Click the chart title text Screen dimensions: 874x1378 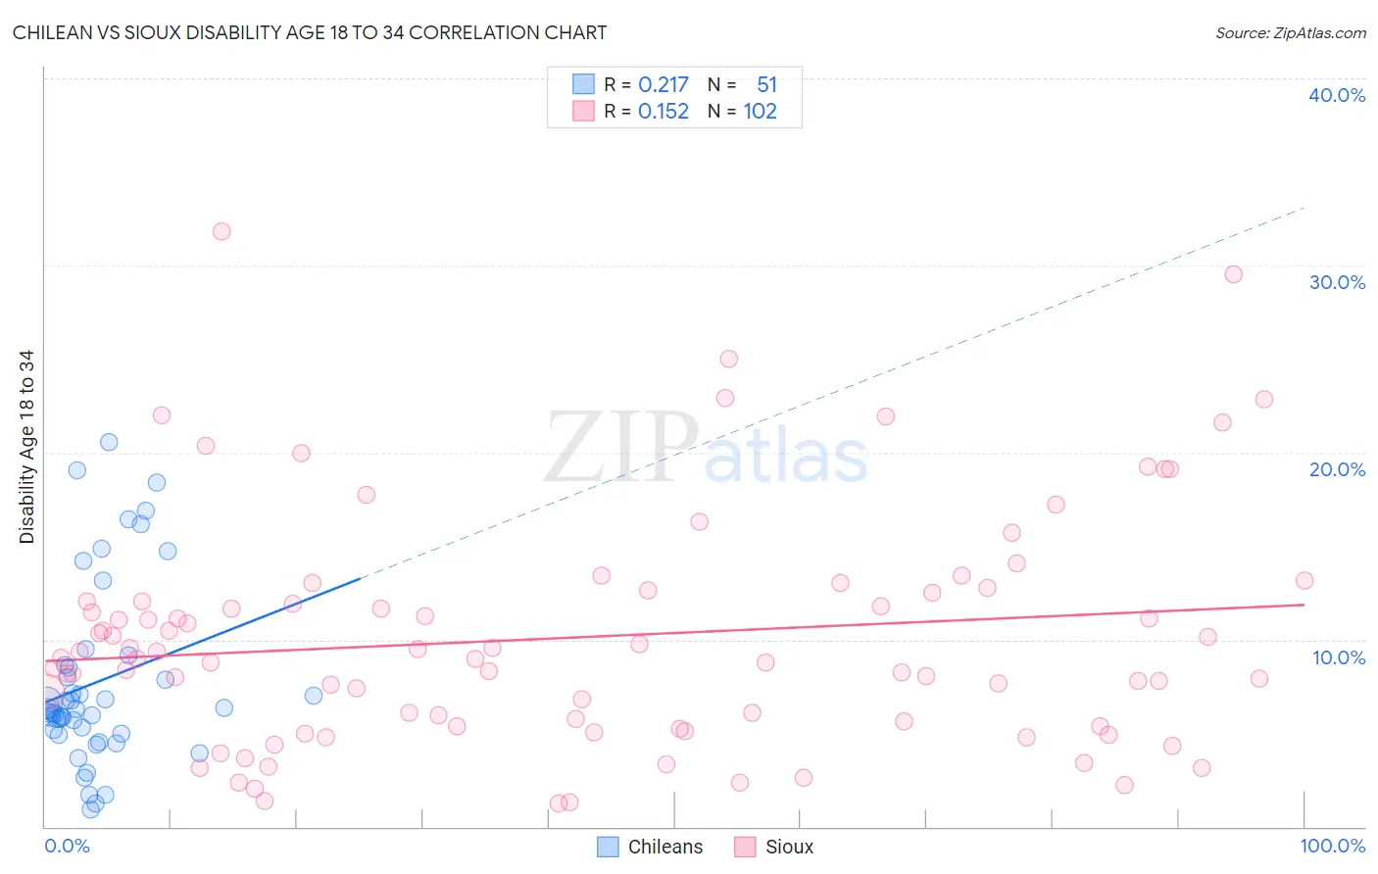(310, 32)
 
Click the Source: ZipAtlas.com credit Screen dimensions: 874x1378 (1290, 32)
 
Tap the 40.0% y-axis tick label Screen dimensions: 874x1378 (1337, 95)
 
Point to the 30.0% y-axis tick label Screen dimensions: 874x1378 (1337, 282)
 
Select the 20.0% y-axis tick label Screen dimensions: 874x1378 (1337, 469)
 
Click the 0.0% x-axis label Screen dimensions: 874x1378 (67, 846)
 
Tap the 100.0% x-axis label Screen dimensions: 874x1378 (1332, 846)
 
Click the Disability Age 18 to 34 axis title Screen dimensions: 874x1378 (26, 447)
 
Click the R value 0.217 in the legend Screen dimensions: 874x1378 (664, 84)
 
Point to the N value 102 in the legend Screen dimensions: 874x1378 (760, 111)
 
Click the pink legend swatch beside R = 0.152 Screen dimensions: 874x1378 (583, 111)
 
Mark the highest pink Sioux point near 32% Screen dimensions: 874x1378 (221, 231)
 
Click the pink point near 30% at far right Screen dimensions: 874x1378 (1233, 274)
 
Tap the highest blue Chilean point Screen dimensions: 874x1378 (109, 442)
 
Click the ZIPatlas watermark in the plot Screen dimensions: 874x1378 (706, 449)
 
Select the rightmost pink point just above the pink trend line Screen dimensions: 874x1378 (1304, 580)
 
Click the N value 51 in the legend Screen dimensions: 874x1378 (766, 84)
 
